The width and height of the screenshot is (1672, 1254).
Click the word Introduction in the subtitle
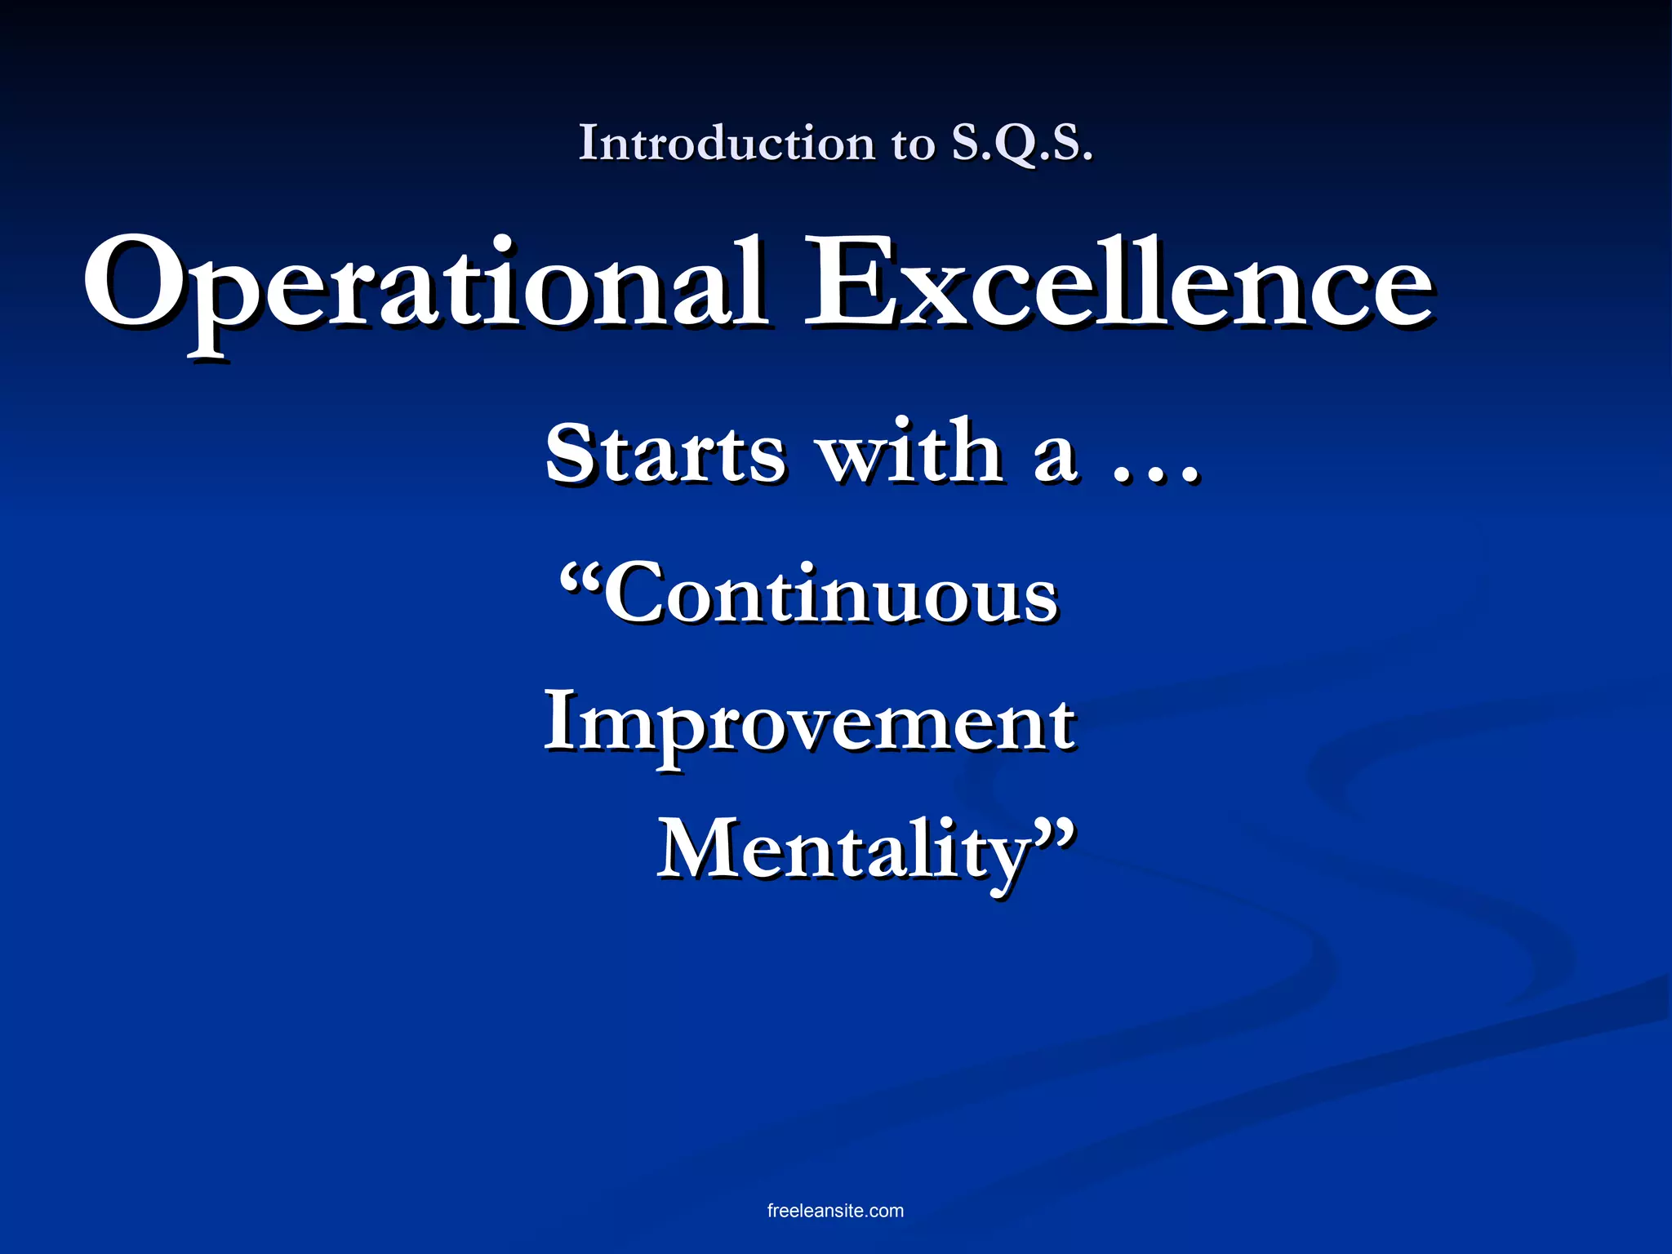click(x=727, y=144)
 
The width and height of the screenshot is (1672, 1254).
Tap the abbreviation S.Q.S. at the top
click(x=1021, y=144)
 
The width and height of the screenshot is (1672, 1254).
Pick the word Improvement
click(x=809, y=723)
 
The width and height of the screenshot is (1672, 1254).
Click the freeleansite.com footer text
click(x=835, y=1211)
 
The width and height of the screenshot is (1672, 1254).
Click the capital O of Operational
click(x=135, y=282)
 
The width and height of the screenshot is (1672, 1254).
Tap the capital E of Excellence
click(x=853, y=282)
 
